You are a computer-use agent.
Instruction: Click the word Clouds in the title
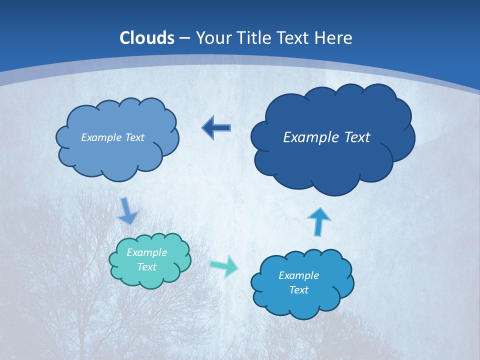point(147,38)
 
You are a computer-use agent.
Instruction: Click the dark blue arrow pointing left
point(216,128)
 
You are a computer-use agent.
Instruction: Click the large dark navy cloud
point(332,145)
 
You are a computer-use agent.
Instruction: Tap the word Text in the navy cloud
point(354,137)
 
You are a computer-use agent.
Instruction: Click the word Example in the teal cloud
point(146,252)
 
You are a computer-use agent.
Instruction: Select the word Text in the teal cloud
point(146,267)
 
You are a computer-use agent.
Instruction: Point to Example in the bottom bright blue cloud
point(298,275)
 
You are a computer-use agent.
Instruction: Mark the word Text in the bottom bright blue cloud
point(298,290)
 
